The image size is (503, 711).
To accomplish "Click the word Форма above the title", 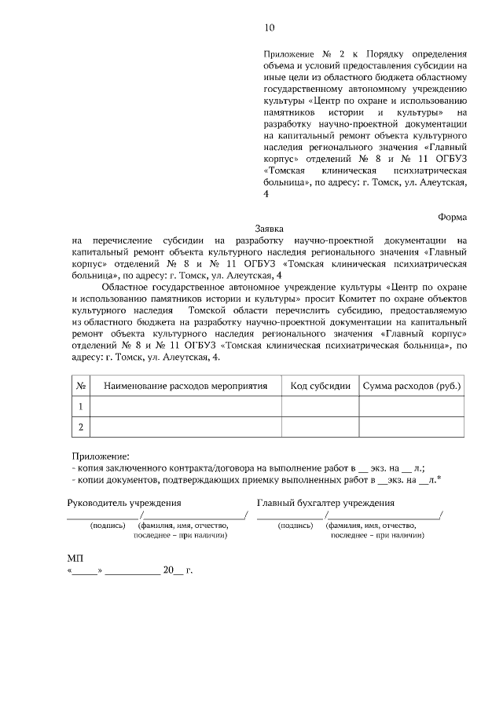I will (452, 217).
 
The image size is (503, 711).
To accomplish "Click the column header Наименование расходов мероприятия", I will (185, 386).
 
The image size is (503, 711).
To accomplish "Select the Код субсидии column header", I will (320, 386).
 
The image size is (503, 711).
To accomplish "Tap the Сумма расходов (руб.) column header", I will (411, 386).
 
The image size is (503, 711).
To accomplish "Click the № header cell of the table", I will (80, 386).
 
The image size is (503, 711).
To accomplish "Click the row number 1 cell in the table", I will (80, 406).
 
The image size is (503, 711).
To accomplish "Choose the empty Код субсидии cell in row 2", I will (320, 427).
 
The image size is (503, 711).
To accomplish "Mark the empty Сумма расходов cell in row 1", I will (411, 406).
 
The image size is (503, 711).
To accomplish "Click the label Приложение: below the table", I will (99, 455).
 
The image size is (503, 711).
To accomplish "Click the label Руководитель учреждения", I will (124, 503).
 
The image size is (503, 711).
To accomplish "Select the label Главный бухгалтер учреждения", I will (325, 503).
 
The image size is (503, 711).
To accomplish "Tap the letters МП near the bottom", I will (75, 557).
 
